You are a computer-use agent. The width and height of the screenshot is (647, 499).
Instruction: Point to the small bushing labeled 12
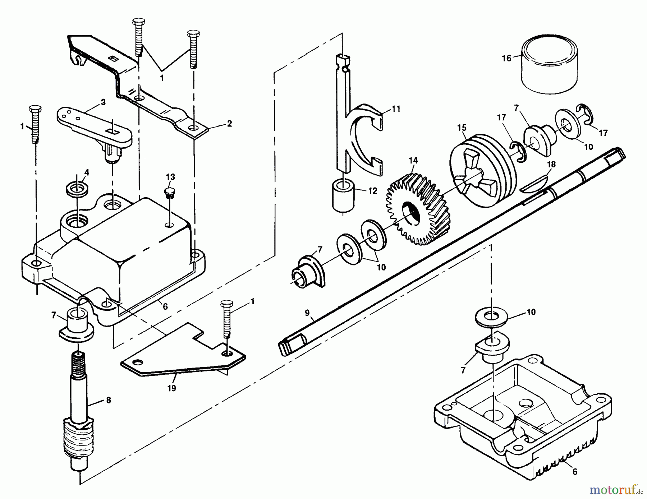pos(343,196)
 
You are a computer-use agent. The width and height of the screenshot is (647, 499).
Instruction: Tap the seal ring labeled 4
pos(77,189)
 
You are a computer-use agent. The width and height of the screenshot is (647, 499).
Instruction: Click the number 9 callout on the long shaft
pos(307,313)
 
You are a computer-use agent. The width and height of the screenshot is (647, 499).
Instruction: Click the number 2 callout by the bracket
pos(229,124)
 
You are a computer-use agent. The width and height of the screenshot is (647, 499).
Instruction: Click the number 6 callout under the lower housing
pos(574,472)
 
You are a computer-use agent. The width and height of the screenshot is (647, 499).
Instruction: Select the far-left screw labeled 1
pos(35,124)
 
